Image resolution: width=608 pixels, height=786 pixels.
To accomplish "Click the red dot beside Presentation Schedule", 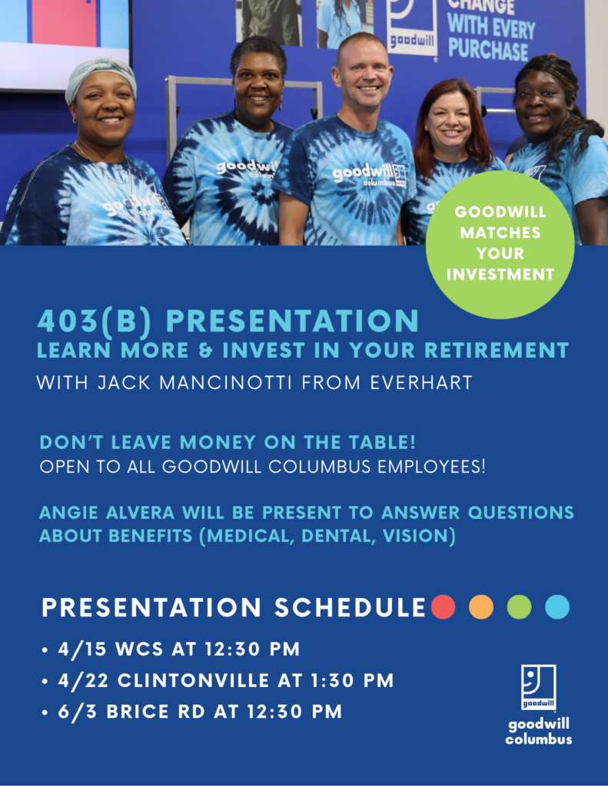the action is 444,607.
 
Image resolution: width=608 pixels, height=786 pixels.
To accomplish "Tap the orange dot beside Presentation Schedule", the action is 481,607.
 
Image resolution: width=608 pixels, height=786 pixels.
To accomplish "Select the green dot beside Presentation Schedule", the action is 519,607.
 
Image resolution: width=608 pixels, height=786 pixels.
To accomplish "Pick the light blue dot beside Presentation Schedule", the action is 557,607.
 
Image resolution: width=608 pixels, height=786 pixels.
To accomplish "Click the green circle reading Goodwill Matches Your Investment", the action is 500,245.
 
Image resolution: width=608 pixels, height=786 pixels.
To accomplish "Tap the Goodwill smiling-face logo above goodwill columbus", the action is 538,687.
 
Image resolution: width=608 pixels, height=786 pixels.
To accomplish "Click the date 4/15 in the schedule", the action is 81,649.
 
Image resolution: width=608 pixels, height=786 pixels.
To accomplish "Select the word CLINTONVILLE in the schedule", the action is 193,681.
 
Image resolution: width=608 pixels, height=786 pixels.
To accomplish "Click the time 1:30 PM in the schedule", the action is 352,681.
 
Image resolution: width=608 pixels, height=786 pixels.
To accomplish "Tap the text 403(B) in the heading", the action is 94,322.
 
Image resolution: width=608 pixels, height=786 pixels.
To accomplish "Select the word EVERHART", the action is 421,383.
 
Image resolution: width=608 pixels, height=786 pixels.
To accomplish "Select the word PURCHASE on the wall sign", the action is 488,51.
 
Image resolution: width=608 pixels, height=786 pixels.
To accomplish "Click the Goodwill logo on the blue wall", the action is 410,28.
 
